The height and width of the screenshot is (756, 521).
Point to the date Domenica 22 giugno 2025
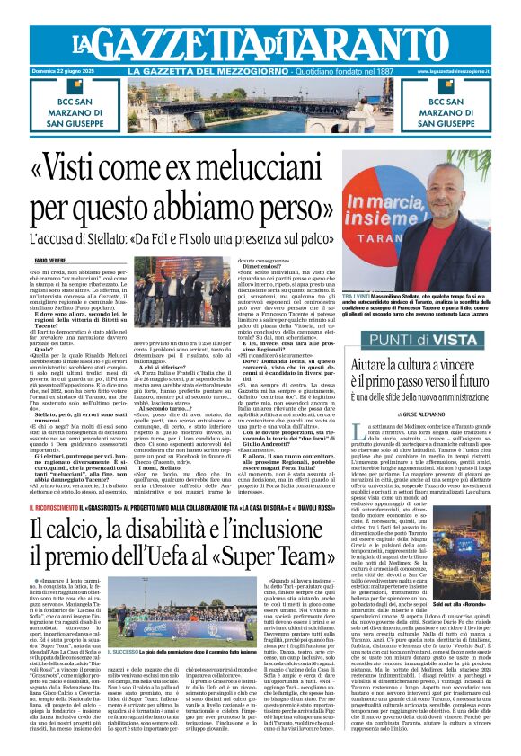[x=66, y=71]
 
